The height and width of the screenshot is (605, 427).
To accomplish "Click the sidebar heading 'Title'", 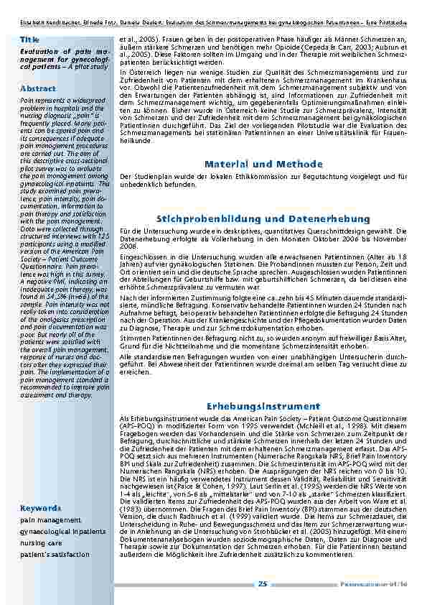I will (29, 38).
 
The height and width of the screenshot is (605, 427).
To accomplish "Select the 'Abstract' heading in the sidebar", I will (39, 88).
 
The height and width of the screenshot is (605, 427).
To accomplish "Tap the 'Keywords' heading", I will (41, 508).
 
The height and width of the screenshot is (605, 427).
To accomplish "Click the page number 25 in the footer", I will (263, 584).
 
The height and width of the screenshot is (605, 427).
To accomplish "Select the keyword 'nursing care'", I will (41, 543).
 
